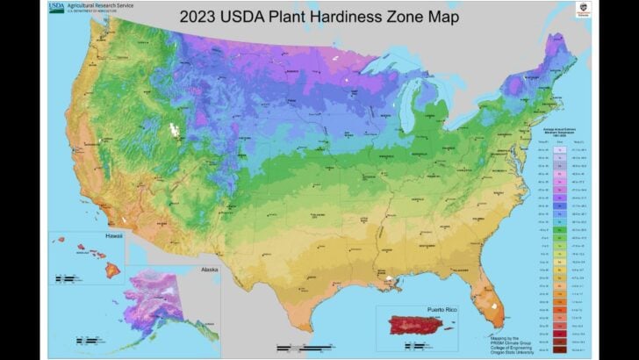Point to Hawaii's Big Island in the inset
[113, 270]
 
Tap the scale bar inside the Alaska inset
[87, 340]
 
